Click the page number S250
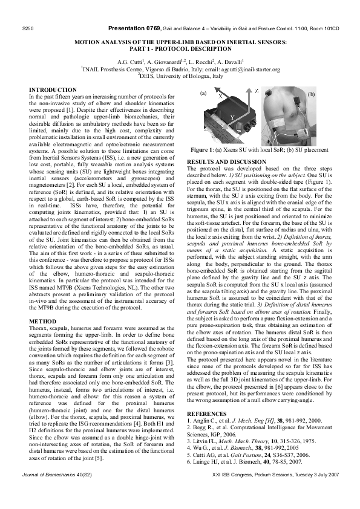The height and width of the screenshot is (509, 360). pos(27,28)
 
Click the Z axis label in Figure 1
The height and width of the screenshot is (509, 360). pos(257,90)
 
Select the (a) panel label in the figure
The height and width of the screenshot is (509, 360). pos(203,93)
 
